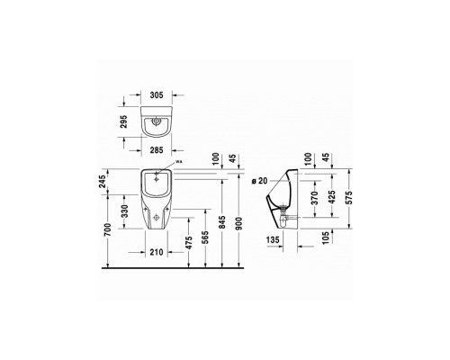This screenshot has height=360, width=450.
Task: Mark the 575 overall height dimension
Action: coord(352,203)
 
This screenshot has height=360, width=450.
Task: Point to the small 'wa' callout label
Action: coord(178,162)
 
